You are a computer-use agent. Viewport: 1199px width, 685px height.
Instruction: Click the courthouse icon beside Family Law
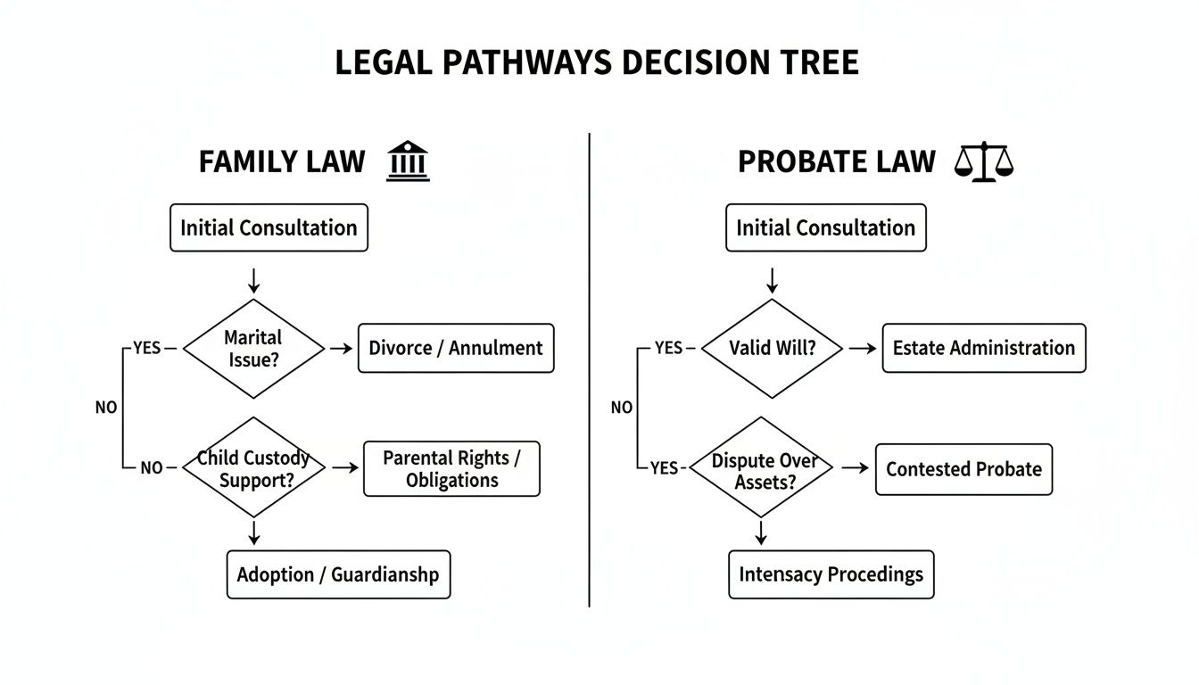click(408, 161)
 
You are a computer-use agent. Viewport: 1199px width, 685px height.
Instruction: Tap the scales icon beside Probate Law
click(984, 162)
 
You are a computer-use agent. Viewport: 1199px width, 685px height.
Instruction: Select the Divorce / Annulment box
click(455, 348)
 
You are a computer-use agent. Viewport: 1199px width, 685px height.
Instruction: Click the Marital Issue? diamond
click(253, 349)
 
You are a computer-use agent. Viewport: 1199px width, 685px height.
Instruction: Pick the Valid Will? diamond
click(772, 348)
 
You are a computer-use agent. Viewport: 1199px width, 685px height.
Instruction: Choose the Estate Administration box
click(983, 348)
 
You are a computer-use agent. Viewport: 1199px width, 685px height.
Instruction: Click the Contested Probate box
click(963, 469)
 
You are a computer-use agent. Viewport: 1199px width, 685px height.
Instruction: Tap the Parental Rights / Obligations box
click(451, 469)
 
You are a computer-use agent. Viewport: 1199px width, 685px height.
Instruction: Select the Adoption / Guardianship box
click(338, 574)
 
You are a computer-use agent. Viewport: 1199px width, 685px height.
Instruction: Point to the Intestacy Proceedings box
click(831, 574)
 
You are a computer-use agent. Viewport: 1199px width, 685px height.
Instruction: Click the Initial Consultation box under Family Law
click(269, 227)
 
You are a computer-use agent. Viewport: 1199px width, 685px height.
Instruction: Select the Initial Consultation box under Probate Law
click(825, 227)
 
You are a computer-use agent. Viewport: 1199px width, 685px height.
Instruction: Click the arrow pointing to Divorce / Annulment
click(341, 349)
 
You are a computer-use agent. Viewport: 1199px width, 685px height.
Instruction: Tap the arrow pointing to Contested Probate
click(855, 467)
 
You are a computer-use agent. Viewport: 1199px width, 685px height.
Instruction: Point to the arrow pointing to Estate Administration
click(862, 349)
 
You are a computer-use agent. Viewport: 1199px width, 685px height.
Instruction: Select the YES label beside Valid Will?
click(668, 348)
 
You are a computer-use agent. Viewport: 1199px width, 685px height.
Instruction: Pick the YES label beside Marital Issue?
click(147, 348)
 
